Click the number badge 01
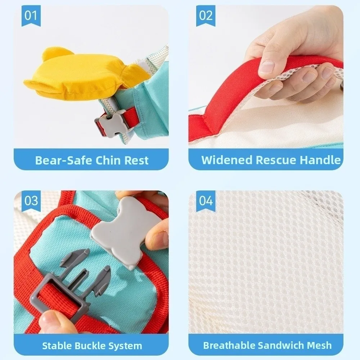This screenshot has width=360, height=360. click(x=31, y=15)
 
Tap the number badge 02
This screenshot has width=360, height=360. click(x=206, y=15)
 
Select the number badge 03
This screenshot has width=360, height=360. click(x=31, y=201)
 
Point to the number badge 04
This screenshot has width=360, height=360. click(x=206, y=201)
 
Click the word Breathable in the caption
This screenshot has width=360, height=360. click(x=229, y=345)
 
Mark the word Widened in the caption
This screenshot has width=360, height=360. click(x=227, y=160)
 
